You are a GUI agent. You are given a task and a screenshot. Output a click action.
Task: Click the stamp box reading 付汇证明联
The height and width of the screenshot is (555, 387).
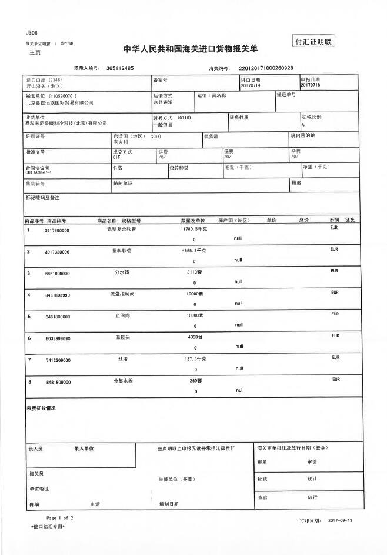(313, 42)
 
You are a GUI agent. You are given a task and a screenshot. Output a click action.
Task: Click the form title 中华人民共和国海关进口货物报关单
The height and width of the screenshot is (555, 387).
(190, 49)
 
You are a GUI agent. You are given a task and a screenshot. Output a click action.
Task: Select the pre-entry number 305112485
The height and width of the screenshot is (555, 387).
(121, 68)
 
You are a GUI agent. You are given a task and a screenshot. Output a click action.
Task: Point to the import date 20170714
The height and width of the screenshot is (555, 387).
(251, 85)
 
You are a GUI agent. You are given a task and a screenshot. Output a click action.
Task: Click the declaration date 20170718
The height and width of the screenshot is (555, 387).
(311, 85)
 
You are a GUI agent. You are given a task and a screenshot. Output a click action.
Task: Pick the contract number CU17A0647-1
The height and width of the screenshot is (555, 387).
(39, 172)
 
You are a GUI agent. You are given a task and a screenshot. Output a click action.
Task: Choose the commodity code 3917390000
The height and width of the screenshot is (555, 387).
(57, 231)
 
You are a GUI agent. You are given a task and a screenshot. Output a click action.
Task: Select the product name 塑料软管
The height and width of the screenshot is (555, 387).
(122, 250)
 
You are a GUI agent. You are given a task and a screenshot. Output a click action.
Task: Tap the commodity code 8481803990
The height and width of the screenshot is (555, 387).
(57, 295)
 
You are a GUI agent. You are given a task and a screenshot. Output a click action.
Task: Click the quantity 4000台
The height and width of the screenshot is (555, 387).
(195, 337)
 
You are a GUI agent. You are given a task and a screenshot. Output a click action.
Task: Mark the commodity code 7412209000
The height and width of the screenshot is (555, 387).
(57, 360)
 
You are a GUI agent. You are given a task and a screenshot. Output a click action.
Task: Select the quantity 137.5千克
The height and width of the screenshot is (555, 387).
(195, 358)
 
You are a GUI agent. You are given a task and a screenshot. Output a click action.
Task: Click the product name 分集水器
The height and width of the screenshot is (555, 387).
(123, 381)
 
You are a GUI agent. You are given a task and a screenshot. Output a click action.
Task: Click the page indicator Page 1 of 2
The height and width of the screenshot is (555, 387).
(60, 517)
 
